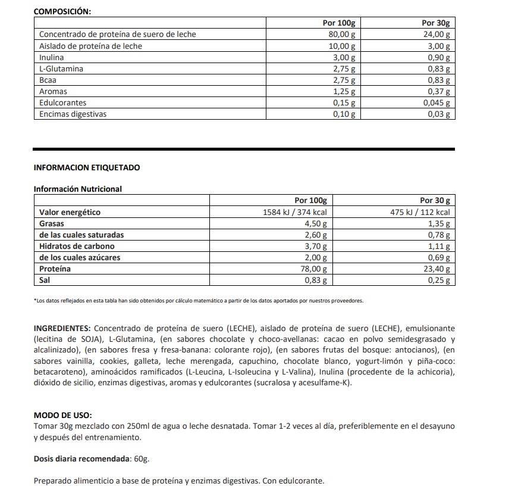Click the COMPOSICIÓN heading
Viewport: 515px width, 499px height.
tap(62, 11)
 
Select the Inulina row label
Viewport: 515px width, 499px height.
tap(51, 57)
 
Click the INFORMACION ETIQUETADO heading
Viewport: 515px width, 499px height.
tap(87, 167)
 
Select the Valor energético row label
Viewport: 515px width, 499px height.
tap(70, 212)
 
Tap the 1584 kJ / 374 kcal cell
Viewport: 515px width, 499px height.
tap(295, 212)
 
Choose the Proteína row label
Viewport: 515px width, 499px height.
tap(55, 269)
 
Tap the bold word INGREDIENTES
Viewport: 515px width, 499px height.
tap(62, 328)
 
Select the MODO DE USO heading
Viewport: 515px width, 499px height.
tap(63, 416)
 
